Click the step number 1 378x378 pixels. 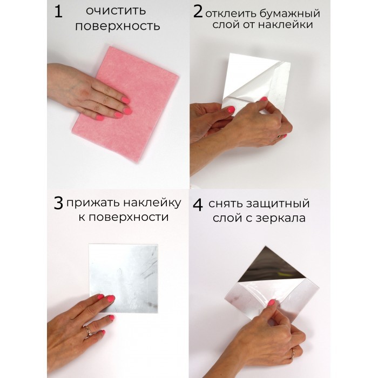click(x=58, y=11)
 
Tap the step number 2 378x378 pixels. click(x=198, y=11)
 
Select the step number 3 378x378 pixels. click(x=58, y=203)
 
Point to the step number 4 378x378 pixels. click(x=198, y=205)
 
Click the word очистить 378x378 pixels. click(x=116, y=11)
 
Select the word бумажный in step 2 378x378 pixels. click(x=290, y=13)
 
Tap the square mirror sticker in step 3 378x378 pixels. click(x=124, y=279)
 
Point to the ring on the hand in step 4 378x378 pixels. click(x=293, y=354)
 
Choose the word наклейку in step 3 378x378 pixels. click(x=152, y=203)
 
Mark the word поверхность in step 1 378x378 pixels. click(x=118, y=26)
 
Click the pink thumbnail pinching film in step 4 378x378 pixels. click(x=272, y=302)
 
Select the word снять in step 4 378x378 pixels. click(x=225, y=204)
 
